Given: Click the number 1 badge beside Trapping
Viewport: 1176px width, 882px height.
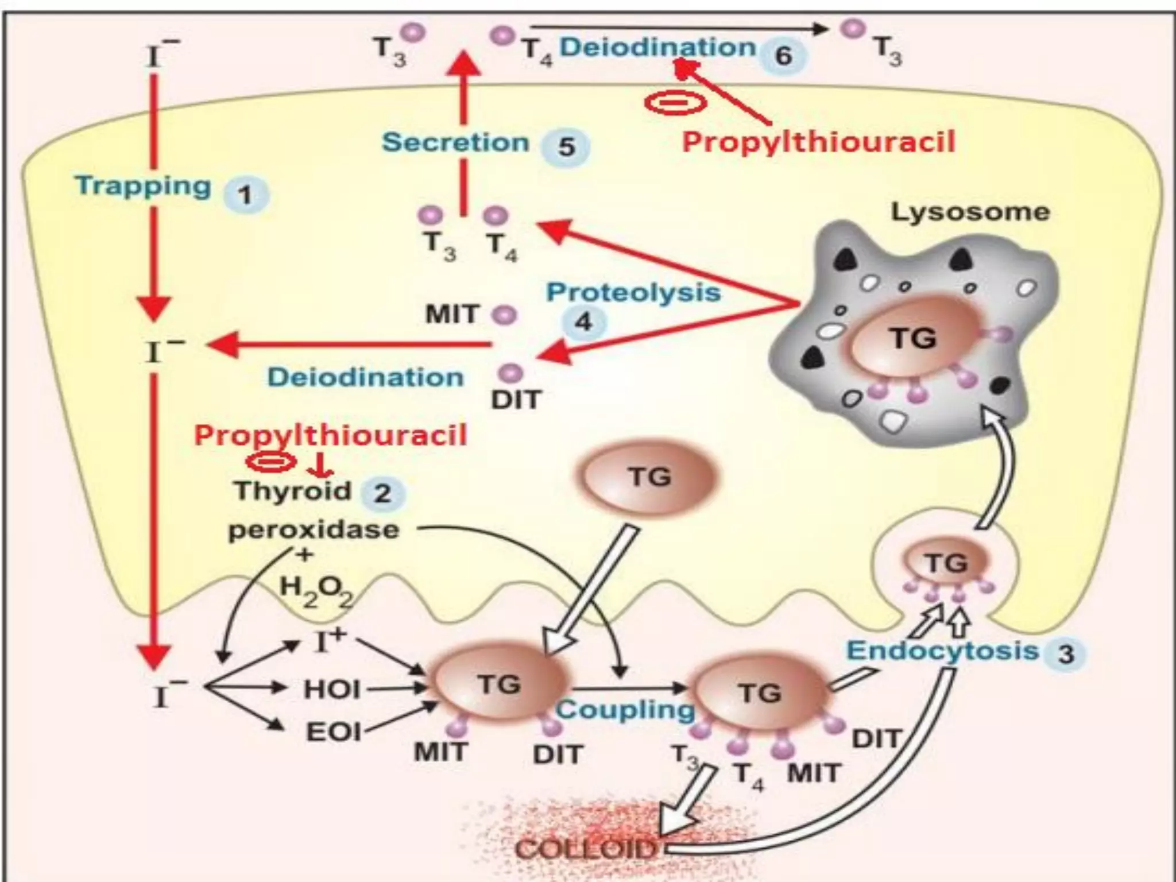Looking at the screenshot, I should (x=245, y=196).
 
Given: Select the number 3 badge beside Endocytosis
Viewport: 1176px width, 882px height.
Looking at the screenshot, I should (x=1066, y=654).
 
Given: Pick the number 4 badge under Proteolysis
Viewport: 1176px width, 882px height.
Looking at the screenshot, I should (x=583, y=322).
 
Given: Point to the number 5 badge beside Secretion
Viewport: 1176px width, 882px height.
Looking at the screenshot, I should (x=566, y=147).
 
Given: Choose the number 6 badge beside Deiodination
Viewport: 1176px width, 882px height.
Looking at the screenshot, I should (x=784, y=56).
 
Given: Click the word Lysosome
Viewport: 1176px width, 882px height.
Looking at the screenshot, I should (x=970, y=212).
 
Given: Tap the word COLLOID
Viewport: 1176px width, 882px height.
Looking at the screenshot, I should (x=585, y=848).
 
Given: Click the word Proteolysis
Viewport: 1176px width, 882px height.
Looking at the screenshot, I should (x=633, y=292).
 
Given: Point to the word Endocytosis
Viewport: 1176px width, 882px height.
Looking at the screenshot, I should (x=943, y=651).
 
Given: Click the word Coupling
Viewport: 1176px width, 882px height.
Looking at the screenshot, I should (x=625, y=710).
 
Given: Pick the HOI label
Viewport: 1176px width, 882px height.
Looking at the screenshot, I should (x=332, y=689).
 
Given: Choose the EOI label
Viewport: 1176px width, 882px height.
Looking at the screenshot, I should (x=334, y=732).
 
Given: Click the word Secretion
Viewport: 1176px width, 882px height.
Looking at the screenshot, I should (x=455, y=142).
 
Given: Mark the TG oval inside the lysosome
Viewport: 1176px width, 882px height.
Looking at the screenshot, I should (x=913, y=339).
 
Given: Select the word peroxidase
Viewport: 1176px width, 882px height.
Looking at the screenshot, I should (x=314, y=529).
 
